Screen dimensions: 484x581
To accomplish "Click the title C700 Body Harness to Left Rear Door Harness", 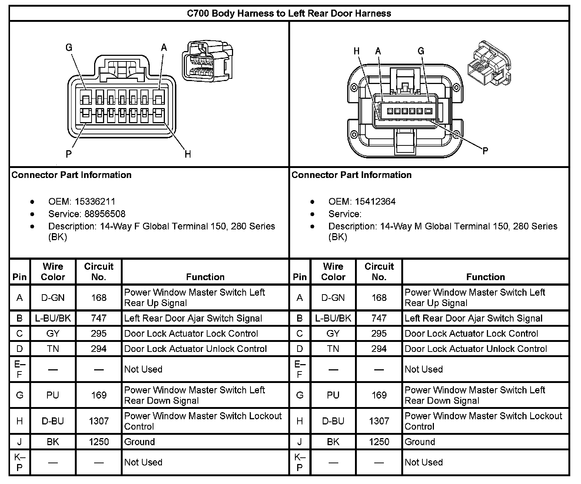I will tap(289, 14).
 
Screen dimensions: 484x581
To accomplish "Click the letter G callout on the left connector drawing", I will tap(69, 47).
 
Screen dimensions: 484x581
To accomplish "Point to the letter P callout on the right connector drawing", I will tap(485, 150).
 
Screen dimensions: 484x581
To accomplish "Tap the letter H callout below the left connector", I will tap(188, 154).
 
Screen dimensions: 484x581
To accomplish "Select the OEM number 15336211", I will tap(95, 202).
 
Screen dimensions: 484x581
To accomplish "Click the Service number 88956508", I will tap(105, 214).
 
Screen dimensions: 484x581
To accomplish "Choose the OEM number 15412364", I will tap(375, 202).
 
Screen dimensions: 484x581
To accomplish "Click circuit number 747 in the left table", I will tap(99, 318).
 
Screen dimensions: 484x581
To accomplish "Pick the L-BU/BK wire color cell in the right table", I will tap(333, 318).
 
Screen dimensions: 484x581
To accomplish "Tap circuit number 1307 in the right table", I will tap(379, 421).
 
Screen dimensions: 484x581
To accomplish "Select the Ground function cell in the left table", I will tap(139, 442).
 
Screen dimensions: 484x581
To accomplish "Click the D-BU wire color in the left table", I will tap(53, 421).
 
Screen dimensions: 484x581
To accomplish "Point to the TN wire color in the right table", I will tap(333, 349).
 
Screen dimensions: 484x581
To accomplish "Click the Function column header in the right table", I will tap(485, 277).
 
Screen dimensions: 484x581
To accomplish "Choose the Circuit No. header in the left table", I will tap(99, 272).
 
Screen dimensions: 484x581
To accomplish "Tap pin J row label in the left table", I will tap(20, 442).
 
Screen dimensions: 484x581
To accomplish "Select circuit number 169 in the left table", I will tap(99, 395).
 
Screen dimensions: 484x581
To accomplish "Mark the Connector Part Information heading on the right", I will tap(351, 175).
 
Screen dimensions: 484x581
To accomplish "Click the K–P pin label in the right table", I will tap(300, 462).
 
